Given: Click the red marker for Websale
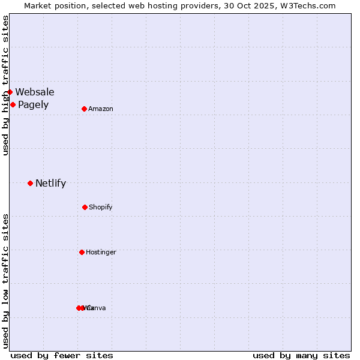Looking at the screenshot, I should click(x=10, y=92).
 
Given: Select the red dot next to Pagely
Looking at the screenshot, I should click(x=13, y=104).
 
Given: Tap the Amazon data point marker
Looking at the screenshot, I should click(x=85, y=109).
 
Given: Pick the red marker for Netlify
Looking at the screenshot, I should click(x=30, y=183).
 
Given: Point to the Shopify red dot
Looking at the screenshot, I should click(x=85, y=207).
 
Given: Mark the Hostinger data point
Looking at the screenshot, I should click(x=82, y=252).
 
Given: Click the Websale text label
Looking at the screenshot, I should click(x=35, y=92).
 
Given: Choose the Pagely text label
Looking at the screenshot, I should click(x=33, y=105).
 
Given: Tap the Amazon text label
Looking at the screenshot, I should click(x=101, y=109).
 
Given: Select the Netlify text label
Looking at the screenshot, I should click(x=50, y=184).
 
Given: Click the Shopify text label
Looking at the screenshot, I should click(x=101, y=207).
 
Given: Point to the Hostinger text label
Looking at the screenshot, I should click(x=101, y=252).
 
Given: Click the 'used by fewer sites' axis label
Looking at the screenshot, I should click(x=62, y=355).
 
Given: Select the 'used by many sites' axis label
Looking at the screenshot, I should click(x=301, y=355).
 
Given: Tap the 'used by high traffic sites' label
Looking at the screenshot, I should click(x=5, y=86).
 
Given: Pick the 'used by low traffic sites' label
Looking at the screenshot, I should click(x=5, y=281).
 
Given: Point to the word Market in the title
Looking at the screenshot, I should click(x=38, y=5).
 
